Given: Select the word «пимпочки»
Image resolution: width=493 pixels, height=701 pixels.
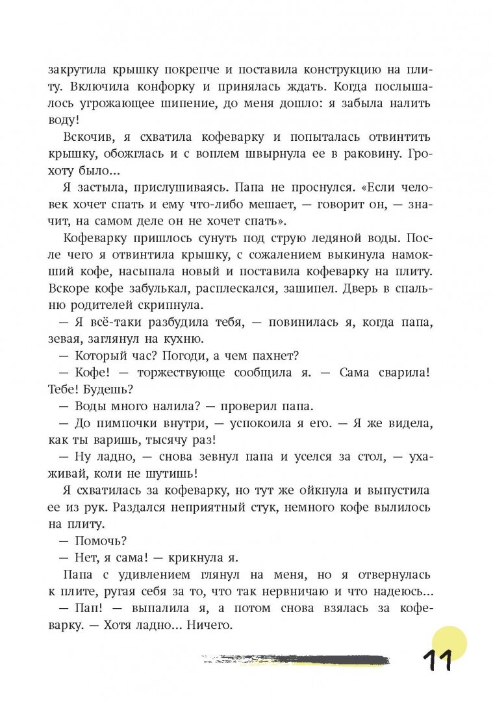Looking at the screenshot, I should tap(122, 424).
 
